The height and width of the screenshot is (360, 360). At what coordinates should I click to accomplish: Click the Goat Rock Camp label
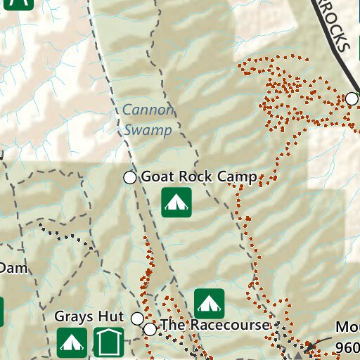pyautogui.click(x=199, y=177)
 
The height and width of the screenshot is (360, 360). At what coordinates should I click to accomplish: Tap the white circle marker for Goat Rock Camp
pyautogui.click(x=130, y=177)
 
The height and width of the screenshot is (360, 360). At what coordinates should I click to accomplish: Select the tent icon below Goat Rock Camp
pyautogui.click(x=176, y=202)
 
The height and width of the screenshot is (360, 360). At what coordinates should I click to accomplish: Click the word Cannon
pyautogui.click(x=146, y=110)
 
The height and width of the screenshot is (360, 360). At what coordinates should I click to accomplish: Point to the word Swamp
pyautogui.click(x=148, y=129)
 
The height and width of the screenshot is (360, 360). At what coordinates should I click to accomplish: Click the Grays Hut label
pyautogui.click(x=89, y=317)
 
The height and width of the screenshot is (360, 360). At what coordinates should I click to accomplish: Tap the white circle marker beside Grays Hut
pyautogui.click(x=137, y=319)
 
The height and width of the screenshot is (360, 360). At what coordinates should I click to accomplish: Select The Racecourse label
pyautogui.click(x=214, y=326)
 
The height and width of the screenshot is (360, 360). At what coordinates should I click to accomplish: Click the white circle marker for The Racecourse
pyautogui.click(x=150, y=328)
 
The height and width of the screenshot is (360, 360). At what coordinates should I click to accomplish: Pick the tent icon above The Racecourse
pyautogui.click(x=209, y=303)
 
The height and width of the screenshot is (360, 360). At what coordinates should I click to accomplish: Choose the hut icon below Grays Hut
pyautogui.click(x=108, y=342)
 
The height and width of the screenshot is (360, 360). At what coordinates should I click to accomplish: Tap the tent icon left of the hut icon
pyautogui.click(x=71, y=342)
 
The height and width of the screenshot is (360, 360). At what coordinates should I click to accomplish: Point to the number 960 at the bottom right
pyautogui.click(x=347, y=347)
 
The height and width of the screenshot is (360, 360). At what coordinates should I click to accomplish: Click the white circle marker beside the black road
pyautogui.click(x=352, y=98)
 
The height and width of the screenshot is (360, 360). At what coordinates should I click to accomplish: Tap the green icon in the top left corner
pyautogui.click(x=21, y=3)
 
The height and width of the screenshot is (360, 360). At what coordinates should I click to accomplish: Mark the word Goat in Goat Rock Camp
pyautogui.click(x=156, y=177)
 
